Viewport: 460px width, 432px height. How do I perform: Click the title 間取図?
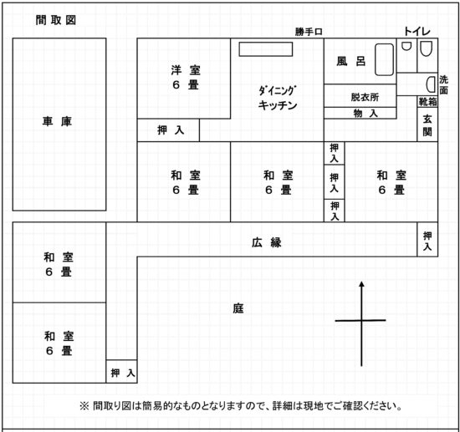click(56, 20)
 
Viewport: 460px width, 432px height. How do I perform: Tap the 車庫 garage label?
click(57, 121)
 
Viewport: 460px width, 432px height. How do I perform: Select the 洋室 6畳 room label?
click(186, 78)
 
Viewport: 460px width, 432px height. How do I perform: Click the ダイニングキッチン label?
click(278, 98)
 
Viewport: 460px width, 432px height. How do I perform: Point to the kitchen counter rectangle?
click(266, 49)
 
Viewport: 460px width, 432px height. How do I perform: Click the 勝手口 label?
click(309, 32)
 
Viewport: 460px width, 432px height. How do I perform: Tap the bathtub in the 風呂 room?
click(385, 60)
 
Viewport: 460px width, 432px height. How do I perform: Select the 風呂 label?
click(351, 61)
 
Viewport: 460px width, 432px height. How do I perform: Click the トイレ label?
click(417, 32)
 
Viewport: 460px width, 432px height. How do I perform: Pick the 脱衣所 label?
click(365, 97)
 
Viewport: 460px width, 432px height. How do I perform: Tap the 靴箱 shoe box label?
click(427, 102)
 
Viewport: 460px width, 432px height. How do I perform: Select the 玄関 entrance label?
click(427, 125)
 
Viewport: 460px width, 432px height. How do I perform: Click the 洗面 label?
click(444, 85)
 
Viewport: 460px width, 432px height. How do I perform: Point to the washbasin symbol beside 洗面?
click(431, 84)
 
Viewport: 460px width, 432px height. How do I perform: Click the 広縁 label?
click(267, 242)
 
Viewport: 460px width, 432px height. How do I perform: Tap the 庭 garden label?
click(238, 308)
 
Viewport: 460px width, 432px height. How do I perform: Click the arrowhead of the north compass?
click(361, 284)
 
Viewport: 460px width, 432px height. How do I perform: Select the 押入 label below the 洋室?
click(171, 130)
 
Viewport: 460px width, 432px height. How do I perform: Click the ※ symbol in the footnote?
click(84, 406)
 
